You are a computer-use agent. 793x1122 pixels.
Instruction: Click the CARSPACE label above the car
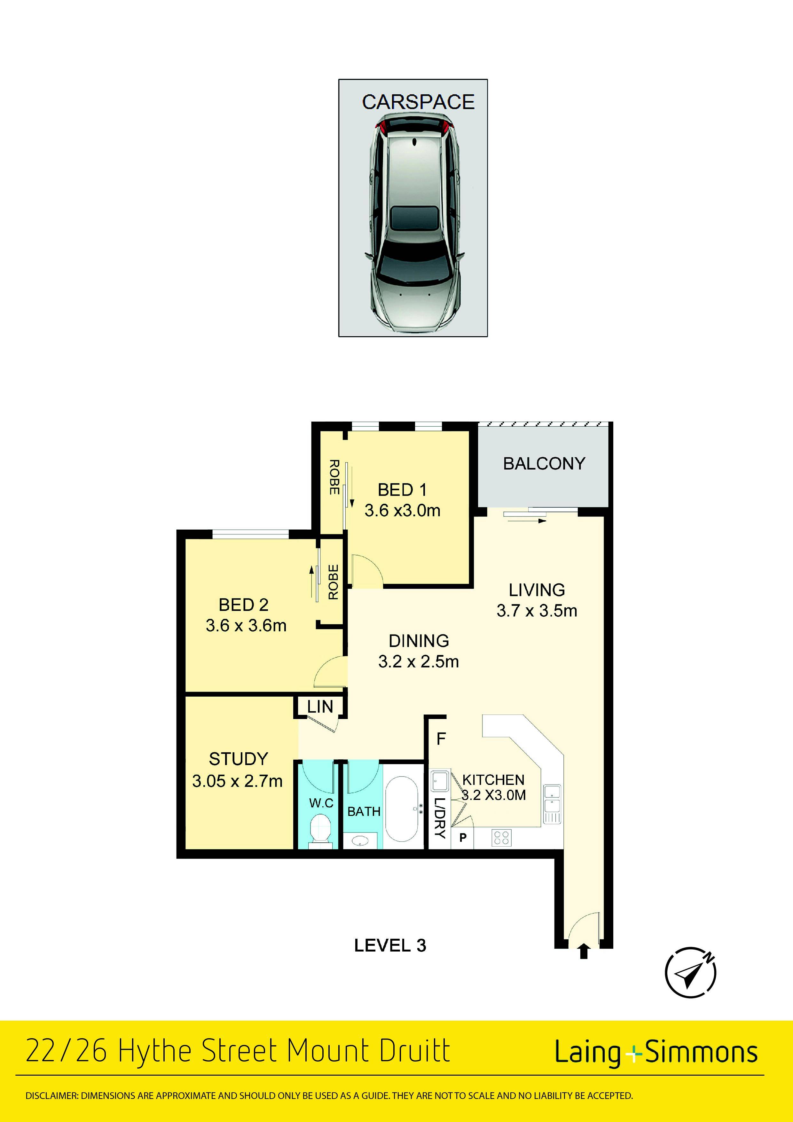point(418,102)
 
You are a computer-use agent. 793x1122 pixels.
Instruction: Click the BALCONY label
point(544,463)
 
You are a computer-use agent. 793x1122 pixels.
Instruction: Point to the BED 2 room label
point(243,605)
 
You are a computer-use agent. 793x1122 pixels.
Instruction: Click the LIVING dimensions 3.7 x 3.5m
point(537,610)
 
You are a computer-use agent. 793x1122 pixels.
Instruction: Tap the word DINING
point(419,641)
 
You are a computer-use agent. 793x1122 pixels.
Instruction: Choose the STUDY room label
point(239,759)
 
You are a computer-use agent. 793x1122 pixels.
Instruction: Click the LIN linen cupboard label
point(320,707)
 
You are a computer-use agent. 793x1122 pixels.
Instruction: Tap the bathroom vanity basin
point(361,841)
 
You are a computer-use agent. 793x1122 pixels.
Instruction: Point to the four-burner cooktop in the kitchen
point(502,838)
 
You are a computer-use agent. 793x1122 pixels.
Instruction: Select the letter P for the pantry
point(463,838)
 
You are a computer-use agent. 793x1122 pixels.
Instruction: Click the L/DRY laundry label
point(440,818)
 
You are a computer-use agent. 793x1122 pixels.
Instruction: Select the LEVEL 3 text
point(390,945)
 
